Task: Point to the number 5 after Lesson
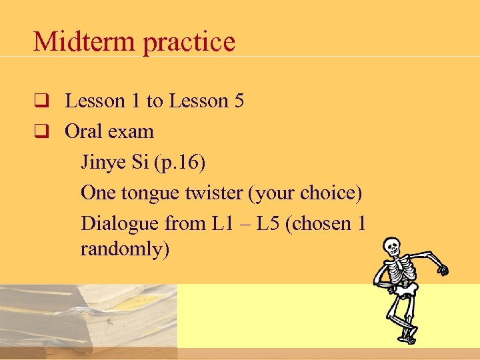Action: click(239, 101)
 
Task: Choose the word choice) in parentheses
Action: click(330, 193)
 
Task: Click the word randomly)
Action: click(125, 249)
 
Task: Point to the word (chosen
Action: click(320, 223)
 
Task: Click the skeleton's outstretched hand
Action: click(441, 268)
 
